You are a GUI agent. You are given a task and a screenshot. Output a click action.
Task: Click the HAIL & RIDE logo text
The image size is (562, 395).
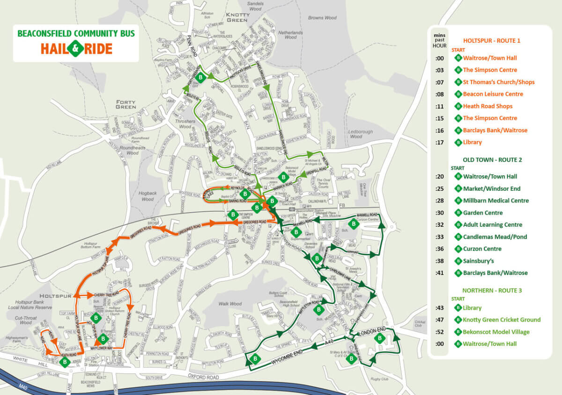pyautogui.click(x=76, y=49)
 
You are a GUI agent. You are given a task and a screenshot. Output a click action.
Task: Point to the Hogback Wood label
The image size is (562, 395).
pyautogui.click(x=147, y=196)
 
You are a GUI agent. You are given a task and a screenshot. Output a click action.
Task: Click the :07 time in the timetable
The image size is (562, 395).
pyautogui.click(x=439, y=82)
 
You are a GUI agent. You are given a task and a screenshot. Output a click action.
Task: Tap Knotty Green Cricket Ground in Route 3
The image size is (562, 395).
pyautogui.click(x=502, y=320)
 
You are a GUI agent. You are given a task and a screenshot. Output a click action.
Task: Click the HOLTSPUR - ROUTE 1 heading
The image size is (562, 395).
pyautogui.click(x=492, y=41)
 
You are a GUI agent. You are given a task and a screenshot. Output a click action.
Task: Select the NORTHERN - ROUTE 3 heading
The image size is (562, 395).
pyautogui.click(x=492, y=291)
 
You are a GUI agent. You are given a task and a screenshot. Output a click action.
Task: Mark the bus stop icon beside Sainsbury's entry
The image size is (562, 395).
pyautogui.click(x=458, y=261)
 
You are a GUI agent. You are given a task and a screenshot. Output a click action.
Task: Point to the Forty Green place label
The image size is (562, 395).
pyautogui.click(x=126, y=104)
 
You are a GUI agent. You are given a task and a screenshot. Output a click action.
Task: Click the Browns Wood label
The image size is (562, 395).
pyautogui.click(x=322, y=18)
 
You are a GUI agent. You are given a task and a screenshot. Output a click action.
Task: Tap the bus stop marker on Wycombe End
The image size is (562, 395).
pyautogui.click(x=256, y=359)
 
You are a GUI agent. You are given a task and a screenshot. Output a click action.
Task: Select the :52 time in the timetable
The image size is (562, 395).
pyautogui.click(x=439, y=332)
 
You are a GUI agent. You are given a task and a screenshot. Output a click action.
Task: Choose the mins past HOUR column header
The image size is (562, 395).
pyautogui.click(x=439, y=41)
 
